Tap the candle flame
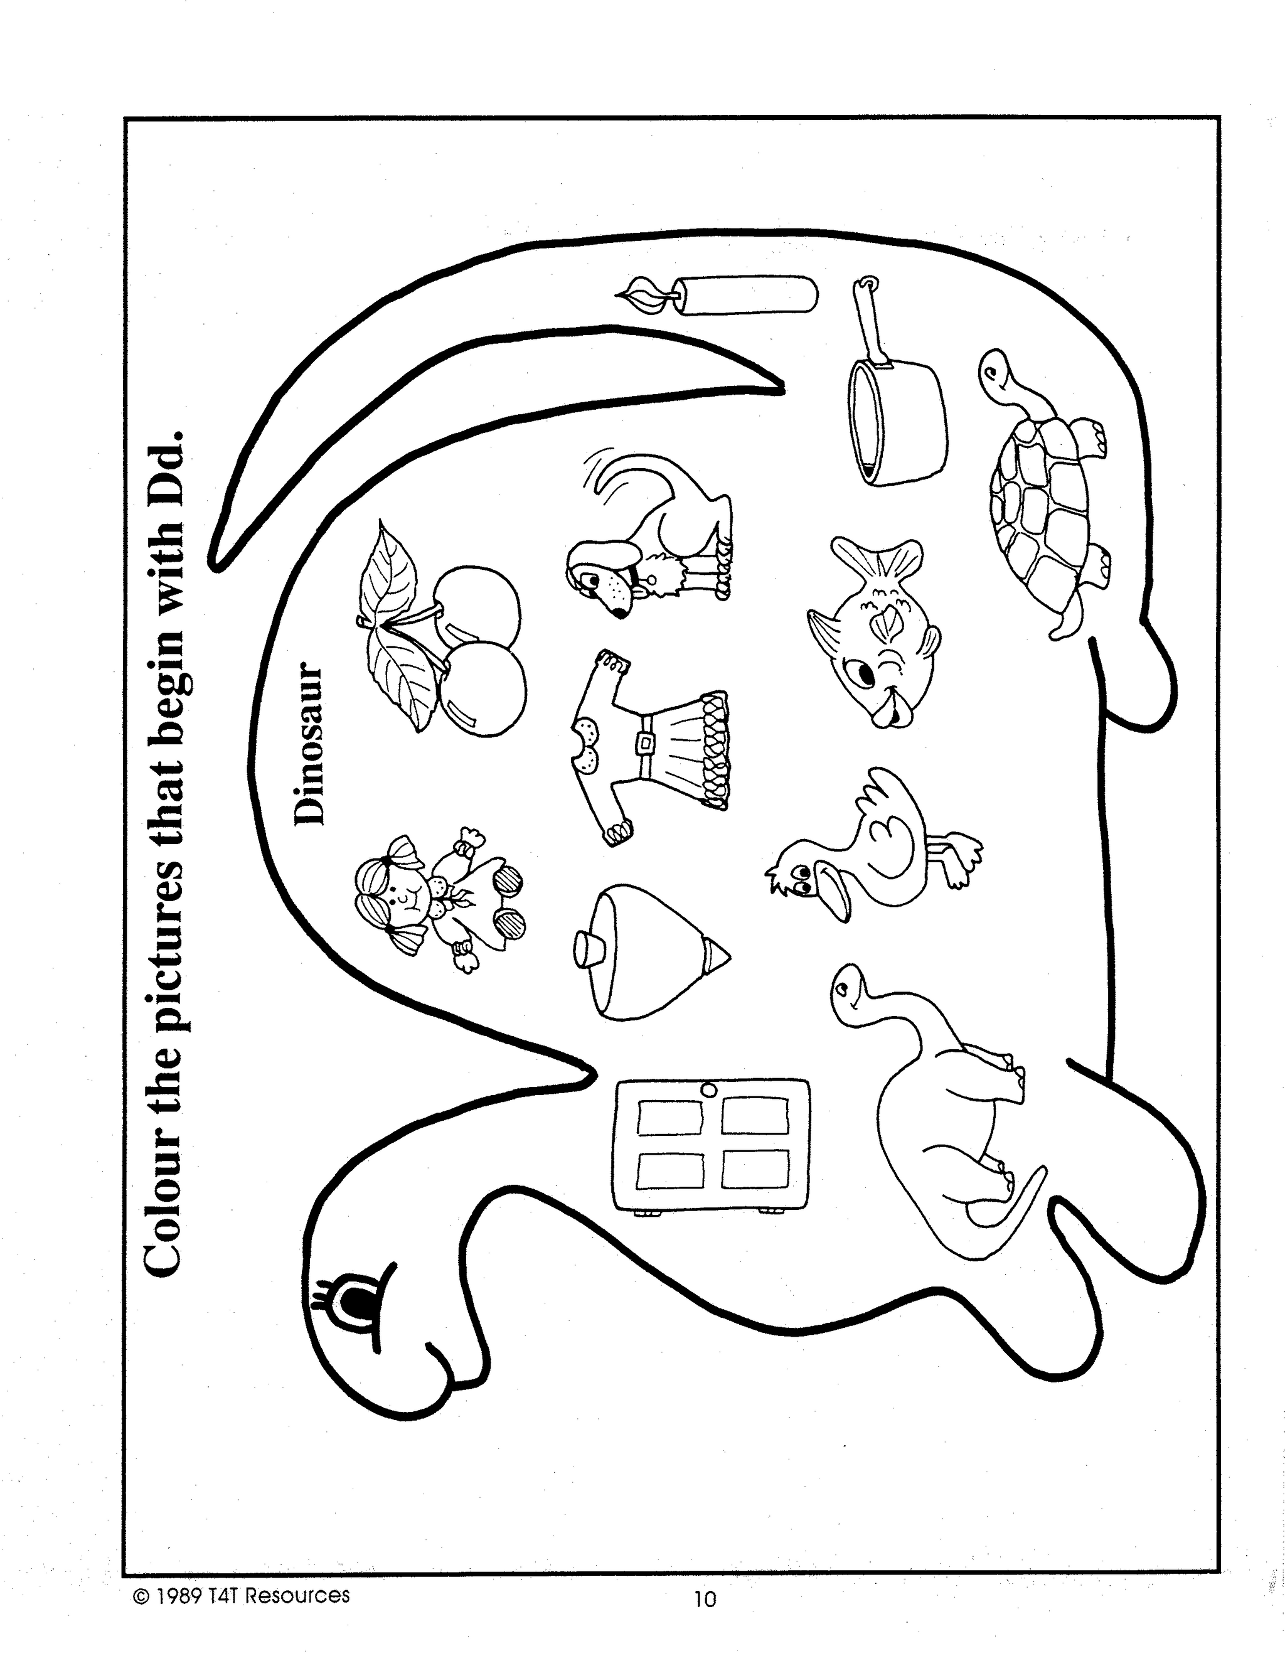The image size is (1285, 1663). click(646, 296)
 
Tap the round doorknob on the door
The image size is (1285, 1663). click(708, 1089)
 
